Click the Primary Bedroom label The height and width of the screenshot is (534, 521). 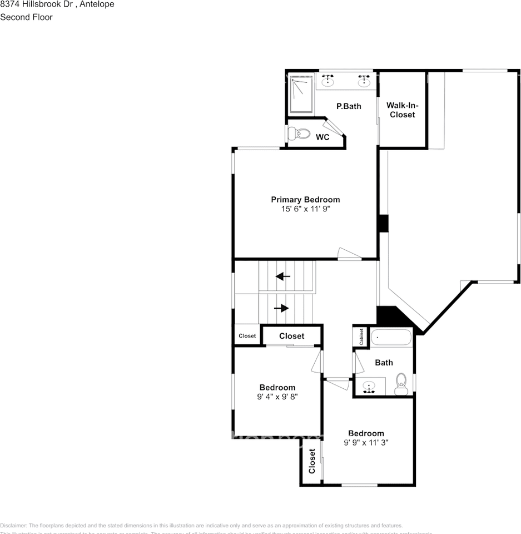point(305,200)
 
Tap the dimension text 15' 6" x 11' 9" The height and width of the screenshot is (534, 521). point(305,210)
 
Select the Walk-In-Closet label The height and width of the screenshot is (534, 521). point(402,110)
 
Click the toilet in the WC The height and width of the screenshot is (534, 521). point(301,133)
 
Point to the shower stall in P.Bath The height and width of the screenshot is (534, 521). point(301,94)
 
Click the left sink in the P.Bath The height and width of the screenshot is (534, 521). point(328,81)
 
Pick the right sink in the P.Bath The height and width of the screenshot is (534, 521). point(364,81)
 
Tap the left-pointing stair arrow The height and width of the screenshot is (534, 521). point(283,276)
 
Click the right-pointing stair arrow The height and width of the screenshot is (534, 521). point(281,308)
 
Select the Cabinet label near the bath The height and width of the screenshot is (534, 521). point(361,337)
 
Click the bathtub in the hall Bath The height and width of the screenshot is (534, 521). point(391,337)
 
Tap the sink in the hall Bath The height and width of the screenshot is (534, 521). point(369,387)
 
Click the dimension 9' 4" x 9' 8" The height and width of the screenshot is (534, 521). point(277,397)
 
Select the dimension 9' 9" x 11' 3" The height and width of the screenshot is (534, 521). point(366,443)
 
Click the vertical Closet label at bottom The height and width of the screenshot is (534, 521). point(312,462)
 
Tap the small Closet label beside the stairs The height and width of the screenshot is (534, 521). point(247,336)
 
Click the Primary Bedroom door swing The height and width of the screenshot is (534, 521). point(349,254)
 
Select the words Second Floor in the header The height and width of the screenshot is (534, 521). point(26,17)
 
